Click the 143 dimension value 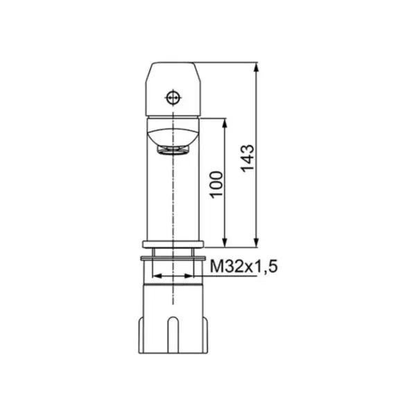click(x=248, y=158)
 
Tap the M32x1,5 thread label click(x=244, y=266)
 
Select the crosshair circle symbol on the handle click(x=173, y=98)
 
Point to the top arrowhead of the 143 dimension click(x=256, y=67)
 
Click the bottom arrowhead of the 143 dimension click(x=256, y=243)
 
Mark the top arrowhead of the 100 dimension click(x=225, y=123)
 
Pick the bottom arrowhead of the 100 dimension click(x=225, y=243)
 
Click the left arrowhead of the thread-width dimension click(x=157, y=276)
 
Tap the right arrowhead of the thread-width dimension click(x=189, y=276)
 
